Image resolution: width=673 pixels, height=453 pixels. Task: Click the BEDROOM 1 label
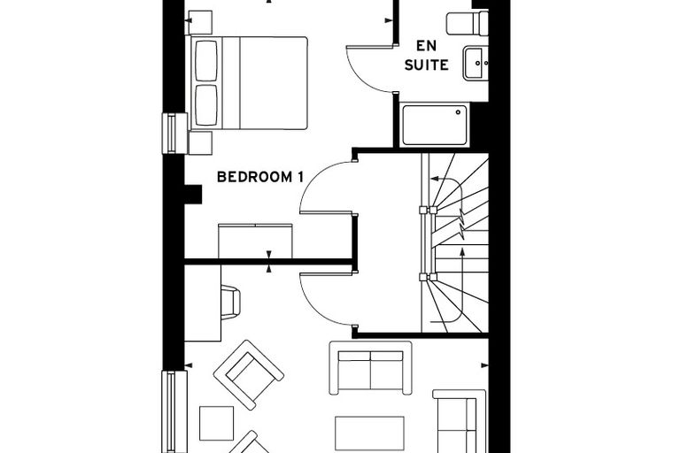[260, 177]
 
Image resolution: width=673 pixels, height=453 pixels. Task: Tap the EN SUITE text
[426, 56]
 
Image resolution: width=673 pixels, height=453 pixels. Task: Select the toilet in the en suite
[467, 23]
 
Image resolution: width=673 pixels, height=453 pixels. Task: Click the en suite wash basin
[476, 64]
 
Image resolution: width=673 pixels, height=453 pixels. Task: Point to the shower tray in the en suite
[435, 125]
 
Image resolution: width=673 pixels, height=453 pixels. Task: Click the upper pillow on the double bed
[206, 60]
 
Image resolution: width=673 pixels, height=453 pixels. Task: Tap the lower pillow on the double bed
[206, 105]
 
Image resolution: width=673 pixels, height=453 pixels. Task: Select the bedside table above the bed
[198, 22]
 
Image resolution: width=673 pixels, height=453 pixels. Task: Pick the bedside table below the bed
[200, 142]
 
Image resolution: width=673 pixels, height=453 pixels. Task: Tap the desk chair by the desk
[230, 302]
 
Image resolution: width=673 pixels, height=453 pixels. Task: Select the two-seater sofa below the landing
[370, 368]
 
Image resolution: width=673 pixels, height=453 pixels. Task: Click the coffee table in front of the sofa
[369, 434]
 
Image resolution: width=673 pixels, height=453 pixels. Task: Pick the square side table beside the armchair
[217, 424]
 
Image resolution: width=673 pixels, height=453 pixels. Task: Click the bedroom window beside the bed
[174, 134]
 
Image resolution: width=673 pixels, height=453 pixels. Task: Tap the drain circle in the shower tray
[459, 112]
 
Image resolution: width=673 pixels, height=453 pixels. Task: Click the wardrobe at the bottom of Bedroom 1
[255, 241]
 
